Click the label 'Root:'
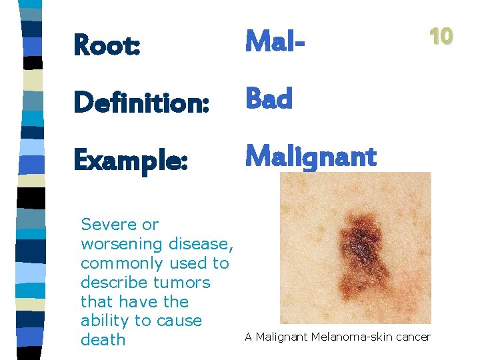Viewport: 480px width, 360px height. [x=107, y=45]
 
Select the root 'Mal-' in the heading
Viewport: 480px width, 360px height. [x=275, y=41]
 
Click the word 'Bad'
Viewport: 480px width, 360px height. [x=269, y=99]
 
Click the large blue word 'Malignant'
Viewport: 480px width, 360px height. [x=311, y=157]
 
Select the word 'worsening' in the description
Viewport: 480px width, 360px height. [x=123, y=244]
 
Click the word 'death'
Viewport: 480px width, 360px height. [x=103, y=339]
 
